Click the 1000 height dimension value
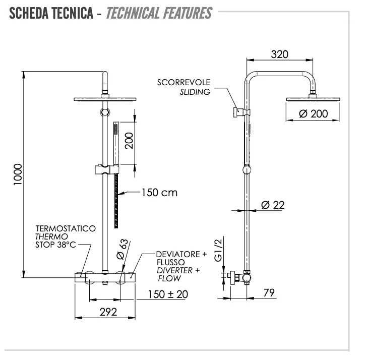coord(18,174)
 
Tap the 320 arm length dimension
coord(279,54)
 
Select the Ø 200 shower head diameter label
coord(313,113)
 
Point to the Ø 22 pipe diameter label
coord(273,205)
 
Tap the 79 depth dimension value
coord(269,293)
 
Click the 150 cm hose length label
coord(159,192)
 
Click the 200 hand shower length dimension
coord(129,141)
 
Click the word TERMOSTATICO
coord(65,228)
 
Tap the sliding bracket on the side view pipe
coord(240,112)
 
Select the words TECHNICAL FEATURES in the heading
coord(159,13)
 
